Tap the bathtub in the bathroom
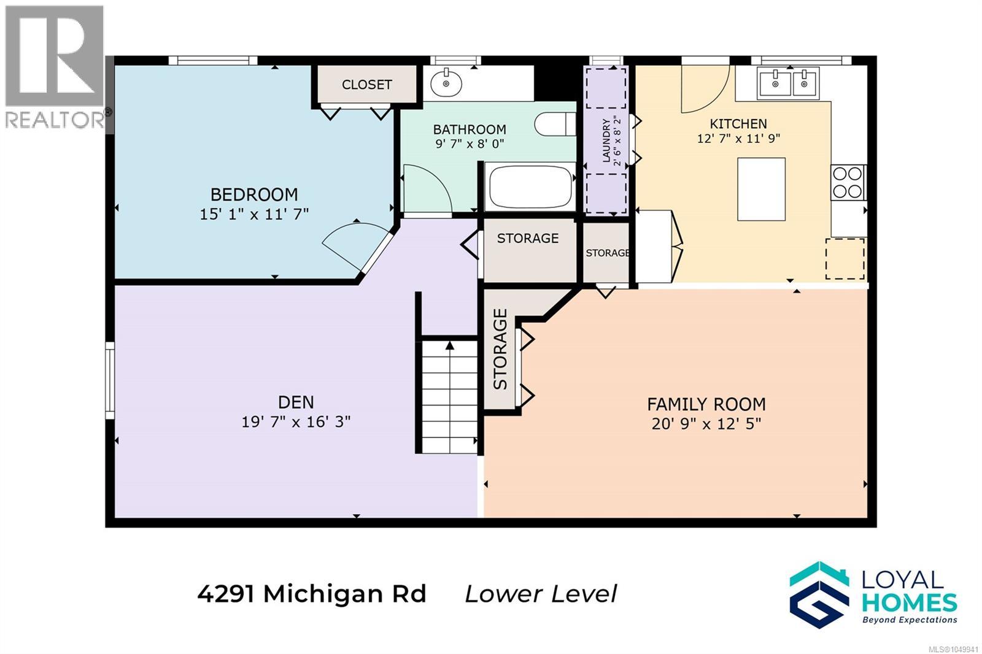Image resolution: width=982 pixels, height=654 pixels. click(530, 187)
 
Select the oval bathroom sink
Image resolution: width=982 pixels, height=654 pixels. click(446, 83)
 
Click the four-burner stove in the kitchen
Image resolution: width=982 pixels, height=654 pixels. click(848, 182)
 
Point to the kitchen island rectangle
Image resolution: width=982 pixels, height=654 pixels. click(761, 189)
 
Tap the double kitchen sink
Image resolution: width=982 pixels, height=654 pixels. click(789, 83)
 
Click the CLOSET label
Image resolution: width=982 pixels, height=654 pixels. click(366, 85)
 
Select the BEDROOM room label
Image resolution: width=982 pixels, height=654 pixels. click(254, 194)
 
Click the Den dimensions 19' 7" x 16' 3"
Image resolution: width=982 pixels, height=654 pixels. click(296, 421)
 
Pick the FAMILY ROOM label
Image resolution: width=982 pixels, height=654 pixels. click(706, 404)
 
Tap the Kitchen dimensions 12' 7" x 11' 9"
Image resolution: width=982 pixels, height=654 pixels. click(739, 139)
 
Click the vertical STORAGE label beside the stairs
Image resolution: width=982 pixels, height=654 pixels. click(500, 349)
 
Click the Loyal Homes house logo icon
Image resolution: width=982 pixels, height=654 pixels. click(819, 594)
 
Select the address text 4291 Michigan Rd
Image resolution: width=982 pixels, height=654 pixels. click(312, 595)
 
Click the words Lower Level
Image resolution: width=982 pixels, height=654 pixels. click(541, 594)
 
